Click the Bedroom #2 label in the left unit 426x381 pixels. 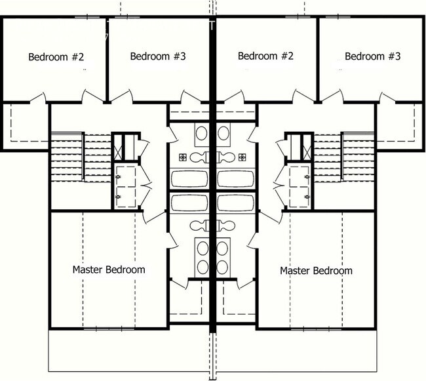tap(56, 56)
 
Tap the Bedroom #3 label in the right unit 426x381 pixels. tap(372, 56)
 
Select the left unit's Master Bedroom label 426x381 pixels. tap(109, 270)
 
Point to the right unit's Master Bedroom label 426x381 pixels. tap(316, 270)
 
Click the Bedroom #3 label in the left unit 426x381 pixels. tap(158, 56)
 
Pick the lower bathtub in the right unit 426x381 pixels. tap(237, 201)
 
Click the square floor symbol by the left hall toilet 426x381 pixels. tap(183, 157)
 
